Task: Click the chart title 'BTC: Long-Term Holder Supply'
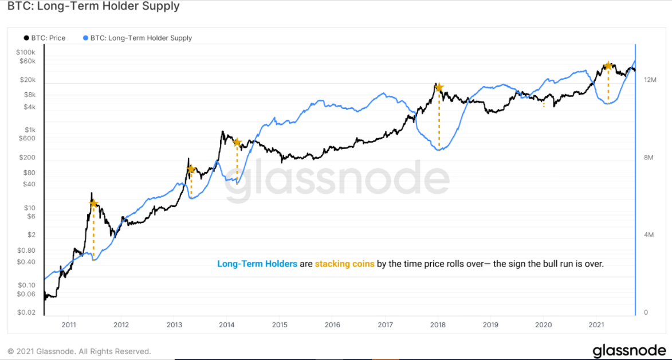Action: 93,7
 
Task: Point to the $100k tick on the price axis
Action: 25,52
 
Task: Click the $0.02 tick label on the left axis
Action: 26,312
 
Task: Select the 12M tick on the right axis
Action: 650,80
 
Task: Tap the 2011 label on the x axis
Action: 69,325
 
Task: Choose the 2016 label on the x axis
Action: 332,325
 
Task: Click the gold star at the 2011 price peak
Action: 93,203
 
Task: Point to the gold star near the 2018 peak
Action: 439,88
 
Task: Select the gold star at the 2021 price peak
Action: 608,66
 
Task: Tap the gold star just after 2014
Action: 237,142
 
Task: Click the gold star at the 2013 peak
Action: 191,169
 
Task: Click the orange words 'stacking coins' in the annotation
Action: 344,264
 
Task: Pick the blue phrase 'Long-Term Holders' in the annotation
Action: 257,264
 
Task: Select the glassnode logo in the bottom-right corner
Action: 629,350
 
